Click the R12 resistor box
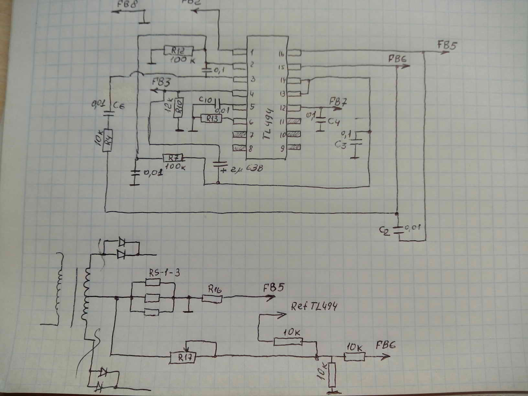pos(178,51)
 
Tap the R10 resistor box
pos(179,108)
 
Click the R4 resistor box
pos(108,140)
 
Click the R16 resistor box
pos(212,298)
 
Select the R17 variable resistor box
pos(183,358)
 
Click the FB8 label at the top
pos(127,5)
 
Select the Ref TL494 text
pos(314,306)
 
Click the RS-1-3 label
pos(164,273)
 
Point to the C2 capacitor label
pos(384,231)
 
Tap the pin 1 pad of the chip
pos(238,52)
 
